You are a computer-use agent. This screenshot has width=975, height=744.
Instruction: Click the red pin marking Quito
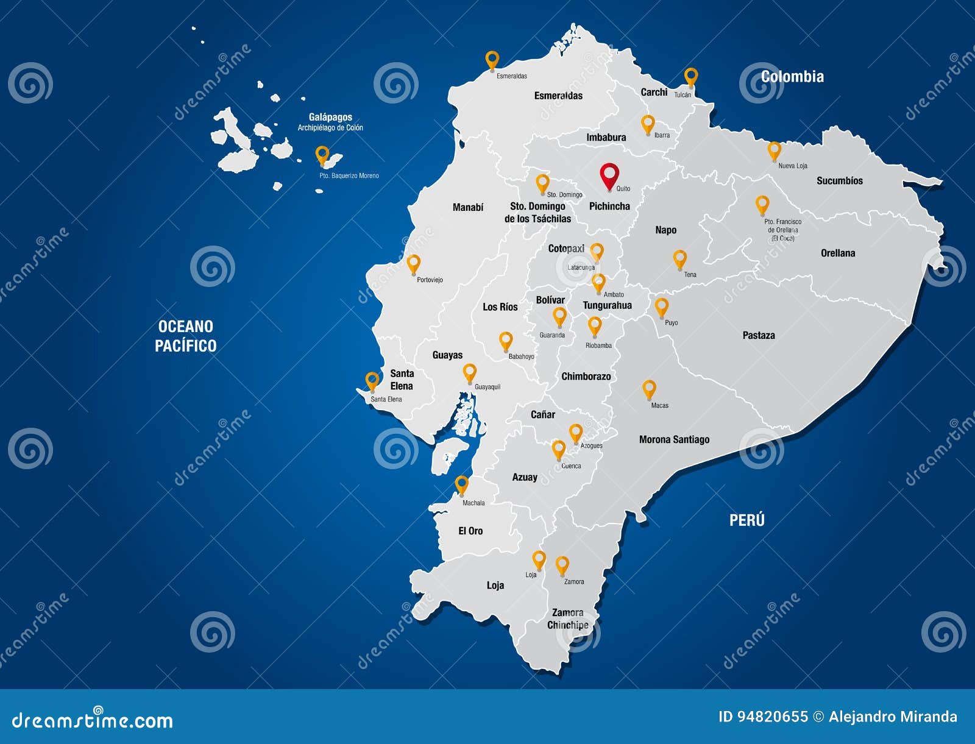click(609, 175)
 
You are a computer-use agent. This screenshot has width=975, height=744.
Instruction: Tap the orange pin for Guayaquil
click(469, 372)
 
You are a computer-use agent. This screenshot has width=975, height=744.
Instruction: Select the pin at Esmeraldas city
click(492, 60)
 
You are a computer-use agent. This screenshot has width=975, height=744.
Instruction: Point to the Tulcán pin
click(690, 77)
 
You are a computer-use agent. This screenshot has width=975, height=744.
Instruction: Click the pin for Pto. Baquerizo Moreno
click(322, 155)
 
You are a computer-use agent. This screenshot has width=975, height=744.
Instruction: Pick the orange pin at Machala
click(462, 484)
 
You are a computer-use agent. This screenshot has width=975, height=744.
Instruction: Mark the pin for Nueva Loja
click(774, 150)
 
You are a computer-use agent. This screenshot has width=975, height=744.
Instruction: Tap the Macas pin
click(649, 389)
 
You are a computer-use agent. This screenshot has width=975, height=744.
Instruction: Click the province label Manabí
click(468, 207)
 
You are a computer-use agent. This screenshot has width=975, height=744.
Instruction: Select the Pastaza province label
click(759, 335)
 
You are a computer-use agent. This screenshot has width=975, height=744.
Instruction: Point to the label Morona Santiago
click(674, 439)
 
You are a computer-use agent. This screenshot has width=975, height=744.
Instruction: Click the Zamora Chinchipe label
click(568, 618)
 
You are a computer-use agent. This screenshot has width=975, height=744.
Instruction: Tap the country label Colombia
click(792, 77)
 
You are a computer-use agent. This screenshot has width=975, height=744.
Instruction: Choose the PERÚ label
click(747, 520)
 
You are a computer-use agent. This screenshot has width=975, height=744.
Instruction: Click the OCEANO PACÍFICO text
click(185, 336)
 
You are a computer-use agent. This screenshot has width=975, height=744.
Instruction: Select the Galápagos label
click(330, 117)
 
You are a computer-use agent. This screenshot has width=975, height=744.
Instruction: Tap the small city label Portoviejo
click(430, 280)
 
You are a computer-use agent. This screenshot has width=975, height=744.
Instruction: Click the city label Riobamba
click(598, 345)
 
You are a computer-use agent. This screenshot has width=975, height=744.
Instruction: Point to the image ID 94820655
click(763, 717)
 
